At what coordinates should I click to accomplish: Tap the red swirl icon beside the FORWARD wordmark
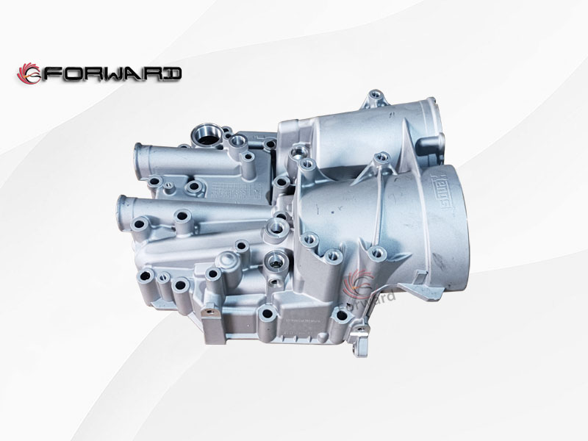point(30,73)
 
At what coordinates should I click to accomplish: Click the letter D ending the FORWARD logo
point(172,73)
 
